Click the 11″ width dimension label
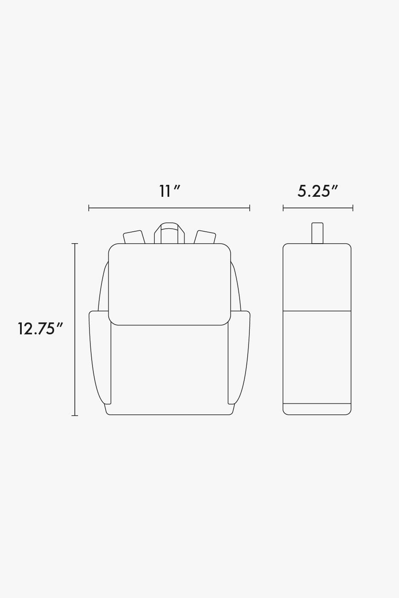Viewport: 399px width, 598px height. pyautogui.click(x=170, y=191)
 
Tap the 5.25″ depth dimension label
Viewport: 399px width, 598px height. pyautogui.click(x=318, y=191)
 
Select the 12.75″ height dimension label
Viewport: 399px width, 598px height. pyautogui.click(x=40, y=329)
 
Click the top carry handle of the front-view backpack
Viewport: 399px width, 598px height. pyautogui.click(x=169, y=227)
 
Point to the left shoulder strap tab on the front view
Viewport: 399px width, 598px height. pyautogui.click(x=133, y=237)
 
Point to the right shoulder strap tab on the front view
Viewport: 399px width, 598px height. pyautogui.click(x=205, y=237)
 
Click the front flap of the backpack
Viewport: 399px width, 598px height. pyautogui.click(x=169, y=284)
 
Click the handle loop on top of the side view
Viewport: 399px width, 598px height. pyautogui.click(x=317, y=233)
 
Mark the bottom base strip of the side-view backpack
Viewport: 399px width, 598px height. pyautogui.click(x=317, y=409)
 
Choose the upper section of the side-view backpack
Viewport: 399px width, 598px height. pyautogui.click(x=317, y=277)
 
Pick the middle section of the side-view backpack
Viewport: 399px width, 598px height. pyautogui.click(x=317, y=357)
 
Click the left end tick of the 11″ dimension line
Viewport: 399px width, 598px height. pyautogui.click(x=89, y=208)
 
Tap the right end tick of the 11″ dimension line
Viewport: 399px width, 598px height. pyautogui.click(x=250, y=208)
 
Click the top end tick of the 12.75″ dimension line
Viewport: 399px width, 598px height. pyautogui.click(x=75, y=244)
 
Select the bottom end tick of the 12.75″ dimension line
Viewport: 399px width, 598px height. pyautogui.click(x=75, y=415)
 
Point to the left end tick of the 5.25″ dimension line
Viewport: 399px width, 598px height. pyautogui.click(x=283, y=208)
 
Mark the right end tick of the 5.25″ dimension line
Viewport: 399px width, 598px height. pyautogui.click(x=353, y=208)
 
